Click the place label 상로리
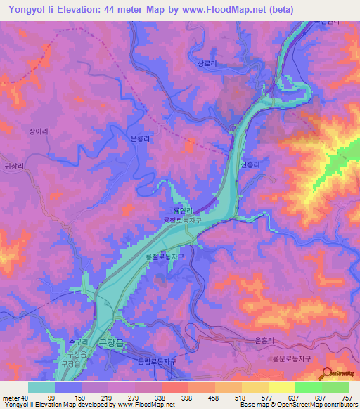click(x=209, y=62)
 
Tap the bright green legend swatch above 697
click(x=308, y=387)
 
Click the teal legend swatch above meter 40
click(x=41, y=387)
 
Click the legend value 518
click(x=229, y=398)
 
